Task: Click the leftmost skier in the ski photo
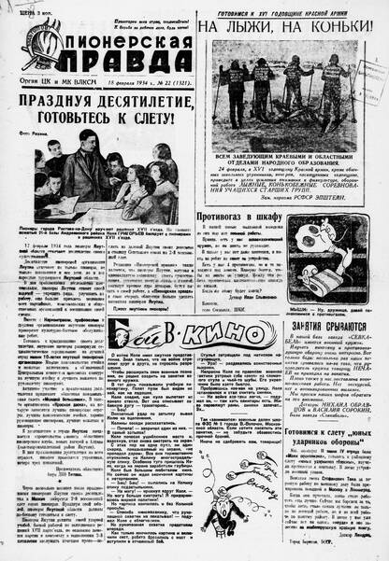point(234,79)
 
